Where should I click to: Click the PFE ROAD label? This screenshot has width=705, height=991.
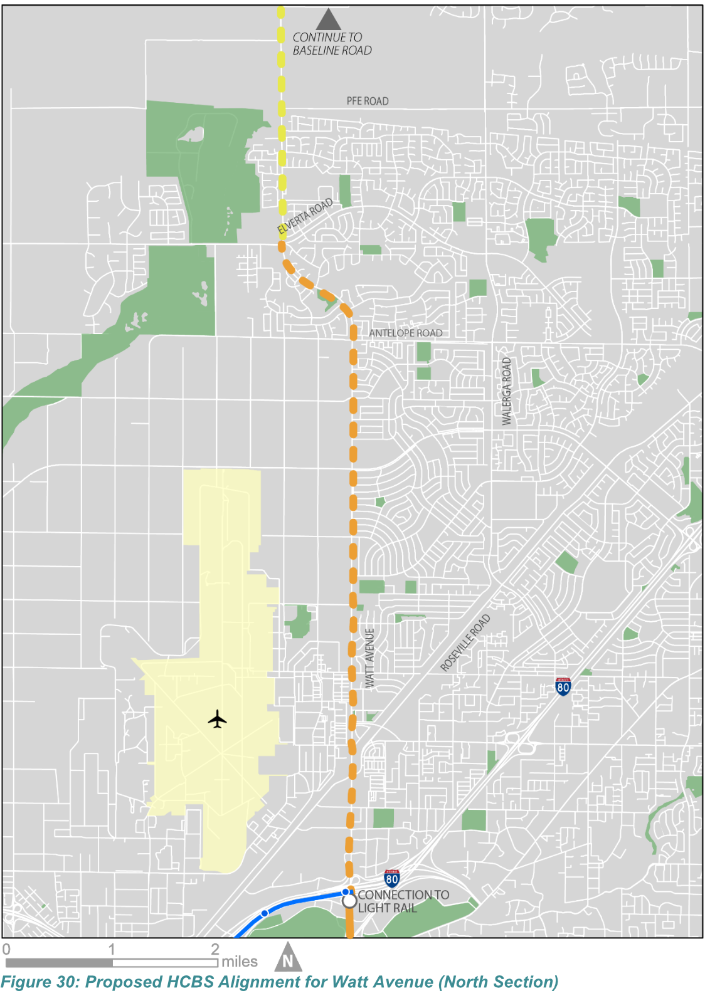click(x=368, y=101)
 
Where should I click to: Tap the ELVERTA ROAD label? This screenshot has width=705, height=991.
click(x=305, y=216)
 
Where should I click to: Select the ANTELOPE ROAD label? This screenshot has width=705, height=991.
click(x=405, y=333)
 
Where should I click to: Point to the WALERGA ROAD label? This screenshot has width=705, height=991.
click(x=507, y=391)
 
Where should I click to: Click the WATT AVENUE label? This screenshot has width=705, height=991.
click(x=370, y=658)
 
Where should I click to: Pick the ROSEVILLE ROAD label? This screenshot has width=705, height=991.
click(x=465, y=642)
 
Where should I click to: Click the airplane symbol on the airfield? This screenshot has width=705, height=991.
click(x=217, y=719)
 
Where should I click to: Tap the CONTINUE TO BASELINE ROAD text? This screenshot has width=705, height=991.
click(x=332, y=44)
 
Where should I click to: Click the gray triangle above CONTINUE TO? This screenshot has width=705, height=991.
click(x=328, y=19)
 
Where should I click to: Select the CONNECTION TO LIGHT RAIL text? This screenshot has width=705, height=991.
click(x=403, y=901)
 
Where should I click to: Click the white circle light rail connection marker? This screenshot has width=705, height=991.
click(x=349, y=901)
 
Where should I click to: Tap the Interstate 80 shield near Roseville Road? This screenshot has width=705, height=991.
click(x=563, y=686)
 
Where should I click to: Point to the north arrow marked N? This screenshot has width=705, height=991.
click(x=288, y=958)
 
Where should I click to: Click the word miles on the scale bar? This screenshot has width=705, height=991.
click(x=240, y=962)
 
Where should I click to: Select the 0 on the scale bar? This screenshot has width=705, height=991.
click(x=6, y=949)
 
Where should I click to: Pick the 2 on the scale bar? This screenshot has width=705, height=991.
click(x=215, y=949)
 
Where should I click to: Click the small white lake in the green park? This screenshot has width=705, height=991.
click(x=192, y=134)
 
